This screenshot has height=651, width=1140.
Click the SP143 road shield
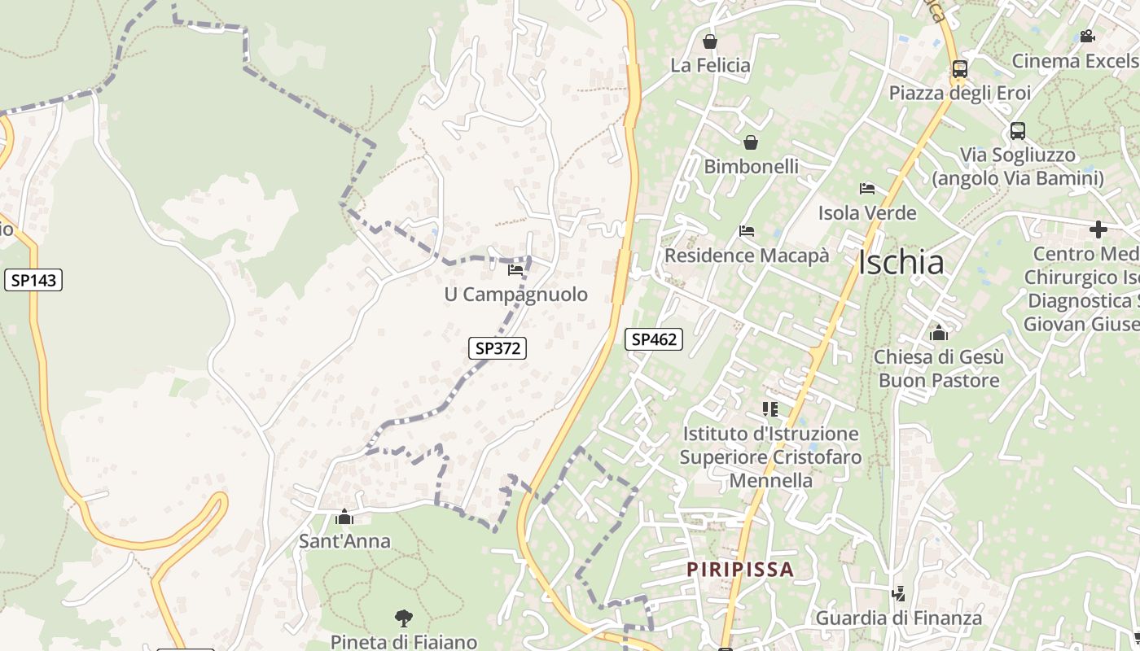point(33,281)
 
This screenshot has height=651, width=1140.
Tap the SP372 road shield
point(498,348)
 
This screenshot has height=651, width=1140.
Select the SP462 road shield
point(654,339)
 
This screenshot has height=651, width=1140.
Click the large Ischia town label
point(901,263)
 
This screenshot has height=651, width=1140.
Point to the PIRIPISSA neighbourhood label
point(739,569)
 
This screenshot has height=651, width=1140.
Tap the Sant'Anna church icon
point(344,518)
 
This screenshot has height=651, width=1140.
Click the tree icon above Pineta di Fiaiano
point(403,618)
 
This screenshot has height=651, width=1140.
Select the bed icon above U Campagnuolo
point(515,270)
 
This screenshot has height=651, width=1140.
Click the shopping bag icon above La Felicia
point(710,42)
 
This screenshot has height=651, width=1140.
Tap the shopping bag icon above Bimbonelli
point(751,143)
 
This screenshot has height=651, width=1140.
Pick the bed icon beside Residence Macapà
point(747,231)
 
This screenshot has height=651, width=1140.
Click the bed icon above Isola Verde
point(867,189)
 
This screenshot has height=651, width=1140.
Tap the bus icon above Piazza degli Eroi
point(960,69)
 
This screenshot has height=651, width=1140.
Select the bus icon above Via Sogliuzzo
point(1018,130)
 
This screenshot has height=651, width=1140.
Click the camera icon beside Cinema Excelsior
point(1086,36)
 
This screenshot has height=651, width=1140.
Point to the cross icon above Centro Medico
point(1098,229)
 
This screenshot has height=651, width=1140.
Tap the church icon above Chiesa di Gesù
point(939,333)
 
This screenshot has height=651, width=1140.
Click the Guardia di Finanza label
point(899,618)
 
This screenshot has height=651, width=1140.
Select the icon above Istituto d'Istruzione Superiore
point(770,409)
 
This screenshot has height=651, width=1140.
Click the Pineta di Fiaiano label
point(403,642)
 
